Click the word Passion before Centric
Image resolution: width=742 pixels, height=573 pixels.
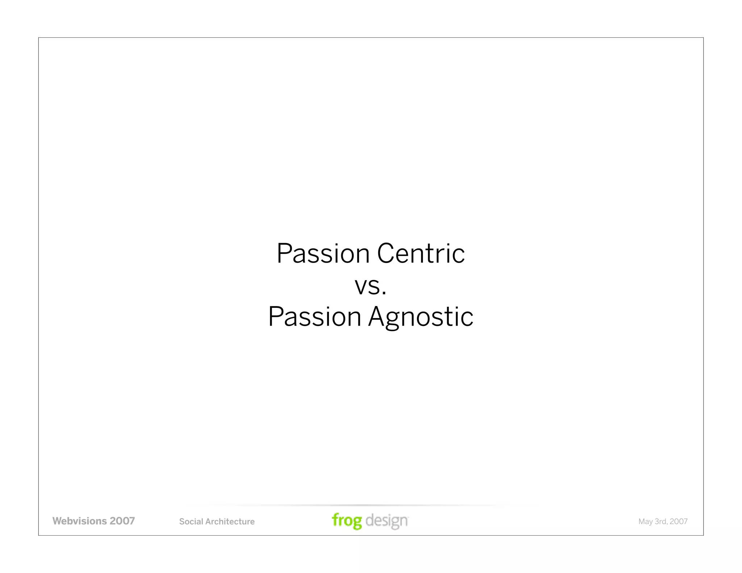[323, 254]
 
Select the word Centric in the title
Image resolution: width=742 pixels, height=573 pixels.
[421, 254]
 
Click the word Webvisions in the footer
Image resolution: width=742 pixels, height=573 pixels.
[80, 521]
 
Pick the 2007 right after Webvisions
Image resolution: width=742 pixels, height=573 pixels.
[122, 521]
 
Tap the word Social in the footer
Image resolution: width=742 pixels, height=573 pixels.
[191, 522]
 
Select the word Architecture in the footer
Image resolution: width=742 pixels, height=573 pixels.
[230, 522]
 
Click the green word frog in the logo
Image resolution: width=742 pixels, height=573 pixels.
[347, 521]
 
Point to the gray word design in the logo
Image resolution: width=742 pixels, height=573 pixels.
[387, 521]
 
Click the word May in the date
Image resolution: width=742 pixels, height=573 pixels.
[645, 522]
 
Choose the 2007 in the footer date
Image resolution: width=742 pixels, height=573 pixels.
[679, 522]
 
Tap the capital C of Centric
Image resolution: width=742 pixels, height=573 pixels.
[385, 254]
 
